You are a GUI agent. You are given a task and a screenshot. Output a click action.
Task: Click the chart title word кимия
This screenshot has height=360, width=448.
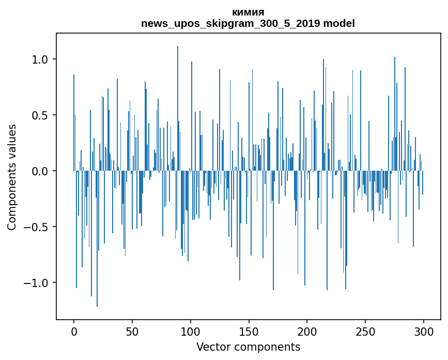click(x=248, y=12)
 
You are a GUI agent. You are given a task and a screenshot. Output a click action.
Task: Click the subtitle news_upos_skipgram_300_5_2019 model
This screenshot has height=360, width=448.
click(x=248, y=23)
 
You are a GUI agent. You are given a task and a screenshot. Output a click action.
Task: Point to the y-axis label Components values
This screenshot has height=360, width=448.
click(x=12, y=177)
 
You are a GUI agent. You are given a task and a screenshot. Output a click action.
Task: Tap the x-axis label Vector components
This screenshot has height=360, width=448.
click(x=248, y=347)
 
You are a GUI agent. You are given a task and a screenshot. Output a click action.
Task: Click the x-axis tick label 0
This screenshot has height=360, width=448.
click(x=74, y=331)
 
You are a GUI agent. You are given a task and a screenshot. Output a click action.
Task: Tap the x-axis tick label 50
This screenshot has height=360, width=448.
click(x=132, y=331)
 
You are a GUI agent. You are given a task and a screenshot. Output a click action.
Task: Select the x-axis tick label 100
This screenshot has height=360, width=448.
click(x=191, y=331)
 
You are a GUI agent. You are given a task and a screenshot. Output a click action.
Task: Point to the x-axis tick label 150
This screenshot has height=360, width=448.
click(x=249, y=331)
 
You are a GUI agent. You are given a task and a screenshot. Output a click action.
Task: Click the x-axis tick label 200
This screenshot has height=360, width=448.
click(x=307, y=331)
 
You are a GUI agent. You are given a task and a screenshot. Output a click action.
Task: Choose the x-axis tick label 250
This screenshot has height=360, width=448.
click(x=365, y=331)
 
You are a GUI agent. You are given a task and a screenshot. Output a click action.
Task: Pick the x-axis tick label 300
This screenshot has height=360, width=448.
click(x=424, y=331)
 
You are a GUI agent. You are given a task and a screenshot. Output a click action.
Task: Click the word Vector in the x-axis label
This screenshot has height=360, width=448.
click(x=212, y=347)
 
